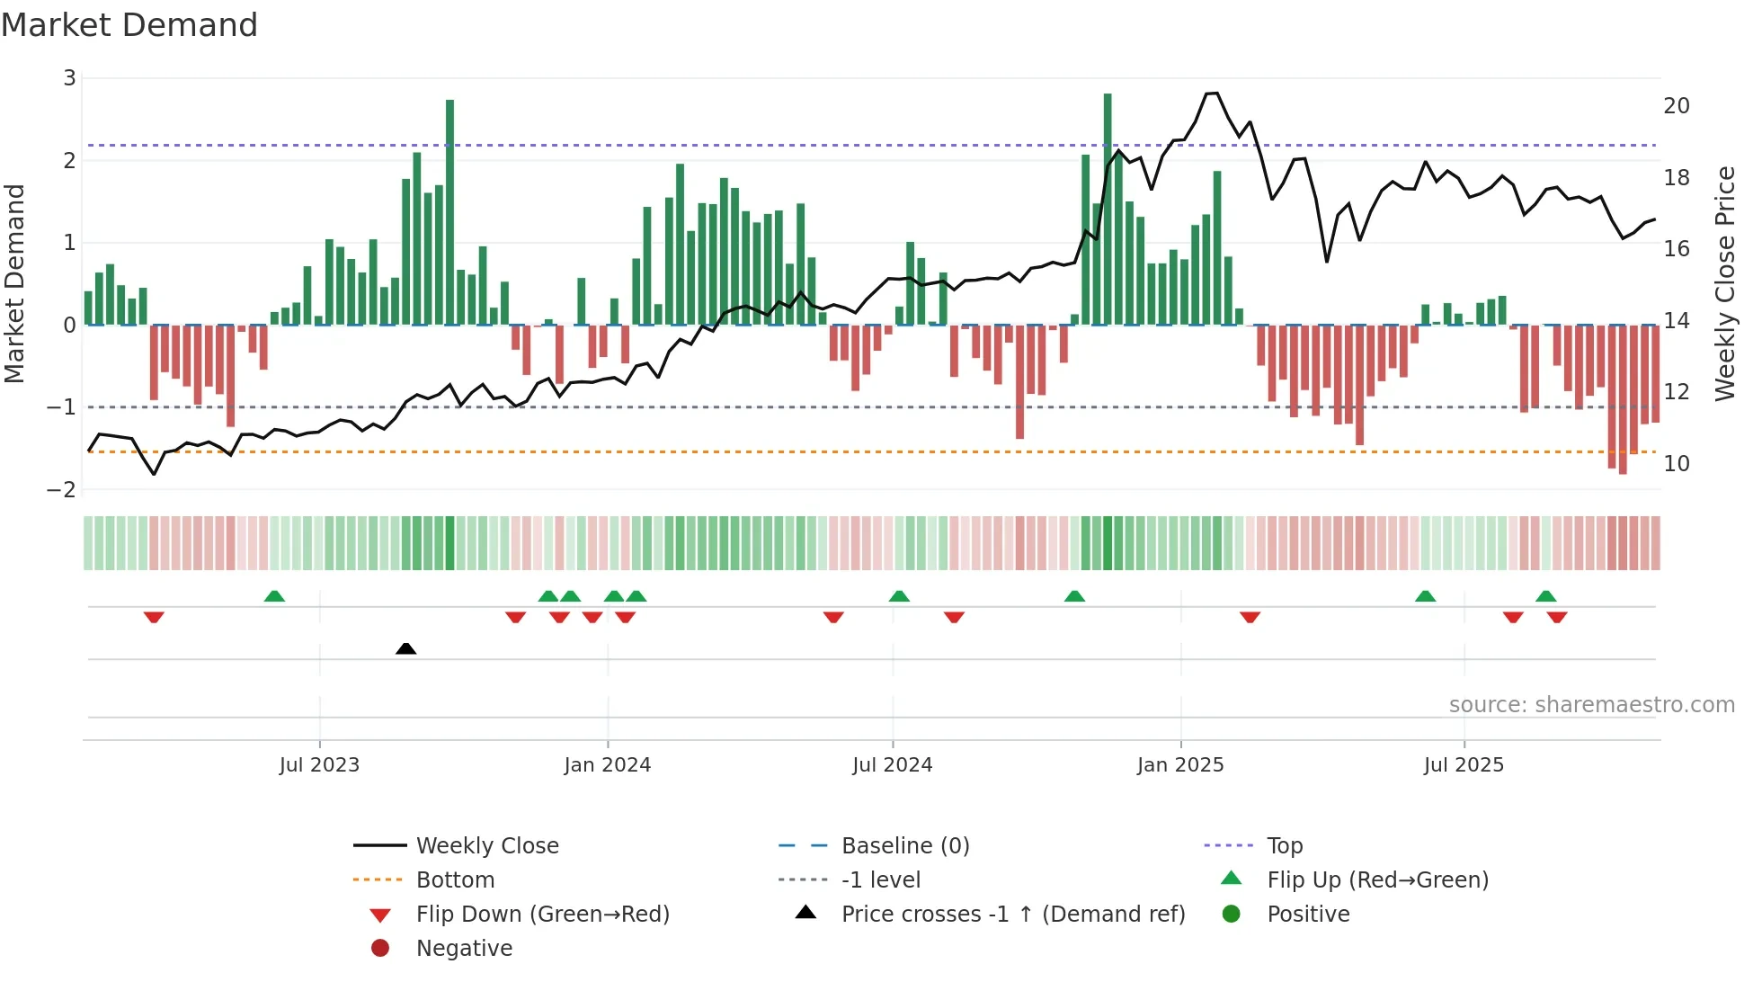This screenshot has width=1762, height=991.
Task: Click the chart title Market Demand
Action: pyautogui.click(x=129, y=25)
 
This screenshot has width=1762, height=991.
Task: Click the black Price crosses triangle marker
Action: pyautogui.click(x=405, y=648)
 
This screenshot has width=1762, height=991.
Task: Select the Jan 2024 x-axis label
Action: pyautogui.click(x=607, y=765)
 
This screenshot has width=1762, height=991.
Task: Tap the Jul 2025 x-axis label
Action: pyautogui.click(x=1463, y=765)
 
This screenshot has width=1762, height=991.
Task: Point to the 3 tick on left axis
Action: pyautogui.click(x=69, y=78)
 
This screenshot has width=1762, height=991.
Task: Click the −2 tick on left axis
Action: pyautogui.click(x=62, y=490)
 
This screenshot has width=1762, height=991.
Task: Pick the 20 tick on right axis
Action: pyautogui.click(x=1676, y=106)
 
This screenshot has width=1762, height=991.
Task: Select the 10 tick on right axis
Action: pyautogui.click(x=1676, y=464)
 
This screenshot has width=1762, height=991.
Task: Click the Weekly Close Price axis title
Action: pyautogui.click(x=1724, y=283)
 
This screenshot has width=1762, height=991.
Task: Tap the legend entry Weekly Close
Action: pyautogui.click(x=486, y=846)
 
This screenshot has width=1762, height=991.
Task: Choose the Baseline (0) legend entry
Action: pyautogui.click(x=904, y=846)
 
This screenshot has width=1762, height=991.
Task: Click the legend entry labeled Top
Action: pyautogui.click(x=1284, y=846)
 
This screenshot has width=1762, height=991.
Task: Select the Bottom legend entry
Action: pyautogui.click(x=455, y=880)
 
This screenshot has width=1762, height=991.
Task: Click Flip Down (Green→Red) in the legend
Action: pyautogui.click(x=542, y=915)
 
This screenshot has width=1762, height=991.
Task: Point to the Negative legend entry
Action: pyautogui.click(x=464, y=949)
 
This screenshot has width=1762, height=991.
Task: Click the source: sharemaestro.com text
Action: pyautogui.click(x=1591, y=705)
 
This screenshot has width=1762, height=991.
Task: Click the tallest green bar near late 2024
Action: pyautogui.click(x=1108, y=209)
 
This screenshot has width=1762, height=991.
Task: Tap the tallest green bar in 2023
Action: pyautogui.click(x=449, y=212)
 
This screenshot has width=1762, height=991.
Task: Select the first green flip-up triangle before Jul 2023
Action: pyautogui.click(x=274, y=596)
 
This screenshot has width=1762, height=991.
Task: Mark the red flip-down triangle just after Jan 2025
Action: pyautogui.click(x=1250, y=617)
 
